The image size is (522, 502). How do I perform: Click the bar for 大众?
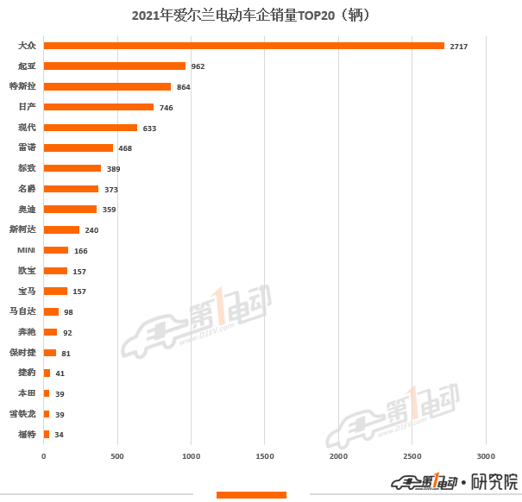(243, 46)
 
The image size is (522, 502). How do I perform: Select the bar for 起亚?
(114, 66)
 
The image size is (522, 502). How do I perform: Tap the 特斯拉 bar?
(107, 86)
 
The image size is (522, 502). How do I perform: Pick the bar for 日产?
(98, 107)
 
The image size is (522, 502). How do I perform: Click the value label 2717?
(458, 46)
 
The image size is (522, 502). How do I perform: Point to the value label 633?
(149, 128)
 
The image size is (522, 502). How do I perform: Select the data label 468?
(126, 148)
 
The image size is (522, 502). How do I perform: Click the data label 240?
(91, 230)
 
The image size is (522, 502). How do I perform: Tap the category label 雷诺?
(27, 147)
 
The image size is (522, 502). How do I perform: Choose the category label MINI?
(27, 250)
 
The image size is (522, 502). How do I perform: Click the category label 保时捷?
(22, 352)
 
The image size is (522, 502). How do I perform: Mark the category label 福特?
(27, 434)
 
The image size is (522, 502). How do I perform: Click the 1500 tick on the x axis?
(265, 456)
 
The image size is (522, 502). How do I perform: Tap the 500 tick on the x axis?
(117, 456)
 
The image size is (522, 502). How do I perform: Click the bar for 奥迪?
(70, 210)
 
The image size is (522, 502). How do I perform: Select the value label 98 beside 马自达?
(68, 312)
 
